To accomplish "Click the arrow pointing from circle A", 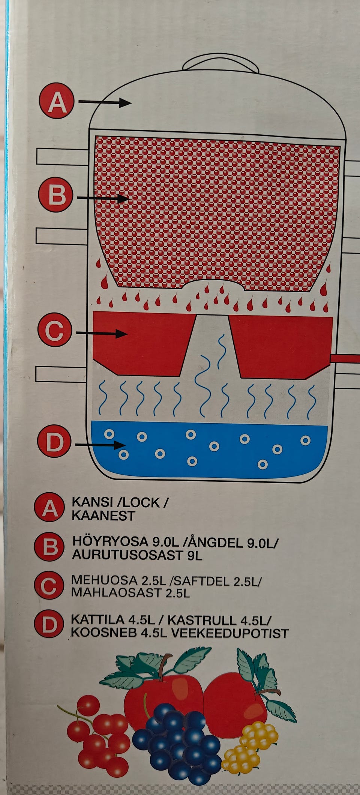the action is click(x=104, y=102).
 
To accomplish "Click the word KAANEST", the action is click(x=103, y=516).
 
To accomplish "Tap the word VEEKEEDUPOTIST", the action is click(x=230, y=633).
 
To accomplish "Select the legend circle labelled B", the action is click(x=48, y=547).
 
